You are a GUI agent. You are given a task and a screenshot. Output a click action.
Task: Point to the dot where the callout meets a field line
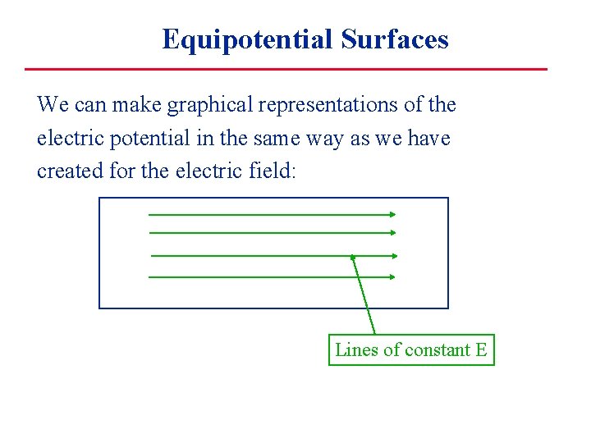[352, 256]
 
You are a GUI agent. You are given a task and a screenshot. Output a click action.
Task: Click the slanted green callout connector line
[364, 295]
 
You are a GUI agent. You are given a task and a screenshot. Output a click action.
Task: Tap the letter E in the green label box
[481, 350]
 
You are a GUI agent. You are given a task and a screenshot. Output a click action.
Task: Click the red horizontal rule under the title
[285, 69]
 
